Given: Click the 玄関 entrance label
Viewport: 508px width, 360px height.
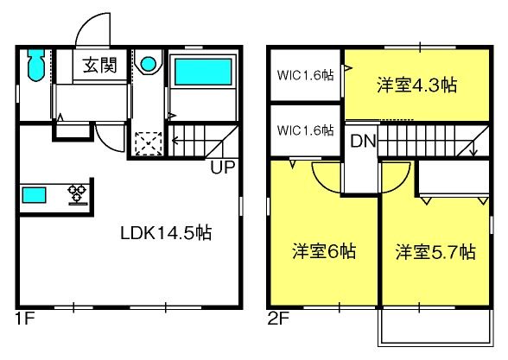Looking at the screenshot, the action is click(100, 66).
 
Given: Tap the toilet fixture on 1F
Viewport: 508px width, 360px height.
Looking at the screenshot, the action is click(35, 65).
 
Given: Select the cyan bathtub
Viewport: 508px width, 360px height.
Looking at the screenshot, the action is click(204, 72).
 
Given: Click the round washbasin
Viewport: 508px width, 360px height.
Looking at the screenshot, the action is click(149, 64).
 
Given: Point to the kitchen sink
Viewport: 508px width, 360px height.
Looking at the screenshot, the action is click(34, 195).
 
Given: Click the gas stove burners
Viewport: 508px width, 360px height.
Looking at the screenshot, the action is click(78, 194).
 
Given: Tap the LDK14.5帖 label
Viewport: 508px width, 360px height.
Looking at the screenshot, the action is click(166, 233).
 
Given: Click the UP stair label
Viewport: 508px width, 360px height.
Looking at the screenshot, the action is click(223, 167).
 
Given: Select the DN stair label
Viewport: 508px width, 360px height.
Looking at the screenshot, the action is click(363, 142).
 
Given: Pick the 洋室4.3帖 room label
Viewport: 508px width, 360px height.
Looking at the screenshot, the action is click(417, 85).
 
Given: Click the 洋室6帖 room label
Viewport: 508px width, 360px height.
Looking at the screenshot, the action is click(324, 251).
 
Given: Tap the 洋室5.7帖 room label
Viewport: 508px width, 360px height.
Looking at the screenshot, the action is click(435, 251).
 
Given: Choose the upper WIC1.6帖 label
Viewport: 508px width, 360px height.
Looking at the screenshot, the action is click(305, 75).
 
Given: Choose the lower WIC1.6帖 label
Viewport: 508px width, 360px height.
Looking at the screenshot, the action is click(305, 130).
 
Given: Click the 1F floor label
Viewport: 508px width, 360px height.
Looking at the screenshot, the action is click(25, 319).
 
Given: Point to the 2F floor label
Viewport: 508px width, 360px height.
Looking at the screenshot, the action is click(278, 319).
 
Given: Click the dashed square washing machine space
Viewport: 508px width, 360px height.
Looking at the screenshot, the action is click(149, 143).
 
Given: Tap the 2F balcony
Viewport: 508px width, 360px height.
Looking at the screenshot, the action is click(435, 326).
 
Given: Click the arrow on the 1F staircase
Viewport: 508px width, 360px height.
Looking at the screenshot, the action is click(175, 141).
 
